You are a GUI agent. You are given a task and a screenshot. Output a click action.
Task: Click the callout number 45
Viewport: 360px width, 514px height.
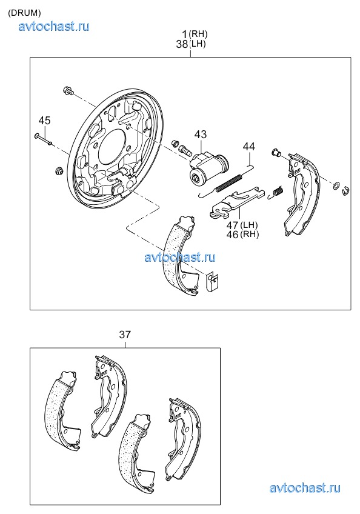(45, 121)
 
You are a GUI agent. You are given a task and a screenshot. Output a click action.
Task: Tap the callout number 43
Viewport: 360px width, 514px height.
(201, 134)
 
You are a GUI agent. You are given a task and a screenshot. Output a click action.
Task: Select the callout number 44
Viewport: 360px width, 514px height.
(249, 146)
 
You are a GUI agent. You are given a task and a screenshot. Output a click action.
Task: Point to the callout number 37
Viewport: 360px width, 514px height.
(125, 335)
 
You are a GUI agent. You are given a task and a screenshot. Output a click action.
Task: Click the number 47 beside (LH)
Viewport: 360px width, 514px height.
(233, 225)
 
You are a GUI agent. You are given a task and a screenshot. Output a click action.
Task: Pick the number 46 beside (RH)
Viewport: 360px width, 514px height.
(233, 235)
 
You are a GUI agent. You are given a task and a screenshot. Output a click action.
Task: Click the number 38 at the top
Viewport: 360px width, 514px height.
(182, 44)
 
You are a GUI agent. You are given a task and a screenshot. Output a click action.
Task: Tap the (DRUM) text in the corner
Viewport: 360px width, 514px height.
(24, 13)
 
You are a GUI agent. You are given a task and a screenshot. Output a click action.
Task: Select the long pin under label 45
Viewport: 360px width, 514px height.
(43, 138)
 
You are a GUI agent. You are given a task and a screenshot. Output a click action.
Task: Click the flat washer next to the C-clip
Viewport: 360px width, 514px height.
(336, 186)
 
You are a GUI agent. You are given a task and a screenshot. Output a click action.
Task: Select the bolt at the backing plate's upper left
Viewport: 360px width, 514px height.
(68, 90)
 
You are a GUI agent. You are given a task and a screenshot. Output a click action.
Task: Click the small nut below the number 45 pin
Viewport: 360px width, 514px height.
(59, 171)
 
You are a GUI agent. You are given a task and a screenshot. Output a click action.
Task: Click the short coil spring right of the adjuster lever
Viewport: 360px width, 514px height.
(276, 192)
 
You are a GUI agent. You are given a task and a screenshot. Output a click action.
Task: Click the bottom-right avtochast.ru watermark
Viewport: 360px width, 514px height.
(305, 488)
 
